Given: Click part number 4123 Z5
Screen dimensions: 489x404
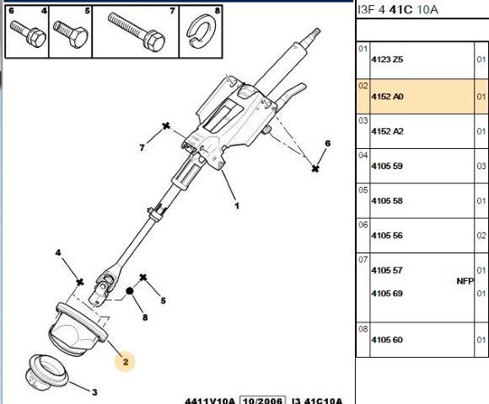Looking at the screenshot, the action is (x=387, y=60).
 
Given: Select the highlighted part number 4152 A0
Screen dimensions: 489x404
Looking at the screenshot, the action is (x=387, y=97).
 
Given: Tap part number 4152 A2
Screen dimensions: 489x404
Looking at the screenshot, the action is (x=387, y=131).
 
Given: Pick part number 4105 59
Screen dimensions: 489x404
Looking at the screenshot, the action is (x=387, y=166).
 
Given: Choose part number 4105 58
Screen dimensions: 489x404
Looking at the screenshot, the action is (x=387, y=201).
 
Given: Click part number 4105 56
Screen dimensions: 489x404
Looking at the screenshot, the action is (x=387, y=236).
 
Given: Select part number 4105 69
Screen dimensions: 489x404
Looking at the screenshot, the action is (x=387, y=294).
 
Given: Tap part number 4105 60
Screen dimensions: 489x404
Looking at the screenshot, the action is (x=387, y=339).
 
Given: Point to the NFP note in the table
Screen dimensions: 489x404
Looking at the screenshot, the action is (x=465, y=281).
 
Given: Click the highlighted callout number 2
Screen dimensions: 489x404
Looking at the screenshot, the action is (x=126, y=362).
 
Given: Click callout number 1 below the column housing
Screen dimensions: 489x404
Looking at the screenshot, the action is (x=237, y=205).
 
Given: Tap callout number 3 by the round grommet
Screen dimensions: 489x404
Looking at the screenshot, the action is (x=94, y=392).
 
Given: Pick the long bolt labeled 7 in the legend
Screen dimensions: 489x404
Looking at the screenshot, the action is (x=137, y=31).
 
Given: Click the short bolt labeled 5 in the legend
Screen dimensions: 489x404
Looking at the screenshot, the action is (x=71, y=34).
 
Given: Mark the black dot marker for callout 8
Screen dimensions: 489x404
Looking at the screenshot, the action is (x=130, y=291).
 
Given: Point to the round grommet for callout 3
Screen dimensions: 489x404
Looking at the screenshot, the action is (x=46, y=373).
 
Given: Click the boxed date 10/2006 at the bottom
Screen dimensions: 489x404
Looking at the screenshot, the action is (x=262, y=401).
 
